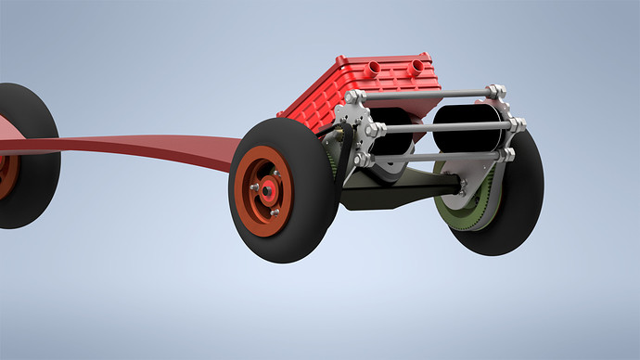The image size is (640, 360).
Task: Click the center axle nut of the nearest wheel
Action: (x=268, y=190)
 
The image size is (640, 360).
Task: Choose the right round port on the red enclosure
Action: (x=419, y=67)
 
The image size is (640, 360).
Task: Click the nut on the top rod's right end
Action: (x=494, y=92)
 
